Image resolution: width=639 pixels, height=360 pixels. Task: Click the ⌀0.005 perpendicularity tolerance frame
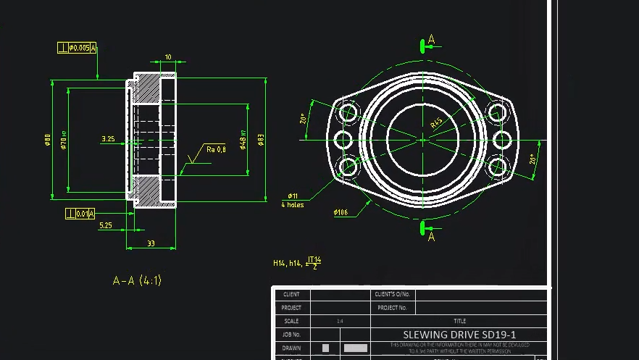77,49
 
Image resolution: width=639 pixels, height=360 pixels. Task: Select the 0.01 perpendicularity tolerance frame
80,214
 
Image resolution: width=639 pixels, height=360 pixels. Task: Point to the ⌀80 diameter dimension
47,140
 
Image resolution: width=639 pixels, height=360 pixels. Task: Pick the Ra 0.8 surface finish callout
216,149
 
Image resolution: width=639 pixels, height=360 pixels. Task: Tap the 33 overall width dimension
151,243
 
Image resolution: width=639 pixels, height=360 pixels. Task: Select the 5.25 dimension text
105,226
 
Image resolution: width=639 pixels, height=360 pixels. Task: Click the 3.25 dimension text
108,138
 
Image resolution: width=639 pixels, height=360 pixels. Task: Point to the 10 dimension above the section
168,57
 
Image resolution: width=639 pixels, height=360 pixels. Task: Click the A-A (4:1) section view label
137,280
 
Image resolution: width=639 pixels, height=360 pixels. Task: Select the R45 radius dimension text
437,122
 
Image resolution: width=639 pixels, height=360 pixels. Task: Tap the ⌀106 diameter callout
341,213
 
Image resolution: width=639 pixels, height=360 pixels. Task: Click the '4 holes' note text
293,205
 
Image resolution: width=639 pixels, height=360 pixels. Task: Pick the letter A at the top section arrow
432,39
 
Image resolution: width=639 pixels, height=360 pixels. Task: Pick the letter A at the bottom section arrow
432,237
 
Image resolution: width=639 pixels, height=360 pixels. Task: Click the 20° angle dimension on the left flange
303,120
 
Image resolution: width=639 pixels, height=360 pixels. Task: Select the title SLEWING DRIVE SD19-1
459,335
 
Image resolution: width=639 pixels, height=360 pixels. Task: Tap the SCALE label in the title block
291,321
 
